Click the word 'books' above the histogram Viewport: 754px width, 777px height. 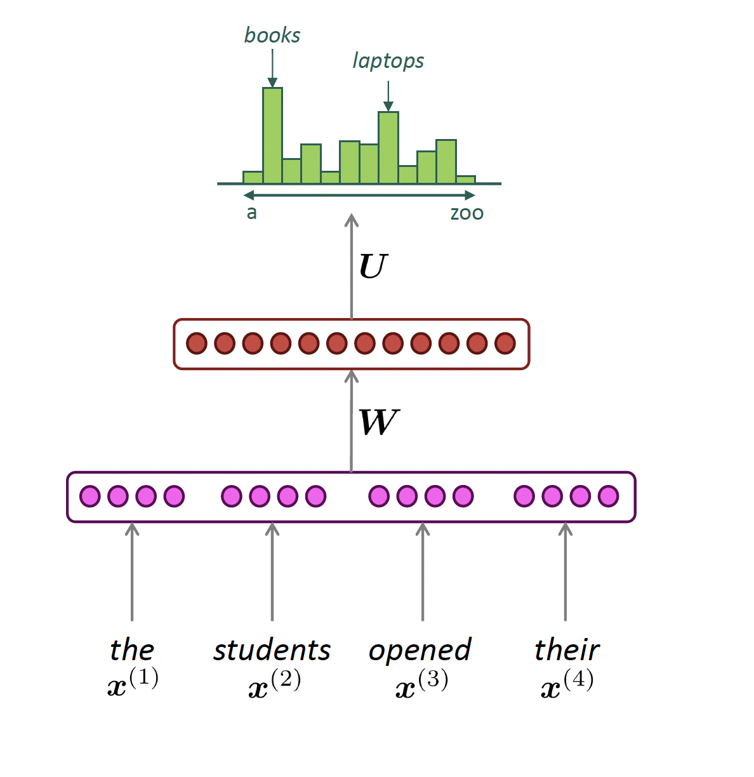click(272, 36)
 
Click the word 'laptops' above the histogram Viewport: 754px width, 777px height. click(388, 61)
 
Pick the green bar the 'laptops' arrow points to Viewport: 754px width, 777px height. click(388, 147)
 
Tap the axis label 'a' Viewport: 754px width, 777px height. click(252, 213)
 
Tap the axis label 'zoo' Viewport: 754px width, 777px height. click(466, 213)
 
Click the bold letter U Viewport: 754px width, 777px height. click(373, 267)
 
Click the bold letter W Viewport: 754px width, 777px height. click(379, 423)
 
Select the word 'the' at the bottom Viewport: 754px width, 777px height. click(132, 650)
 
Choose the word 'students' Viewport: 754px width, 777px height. click(272, 650)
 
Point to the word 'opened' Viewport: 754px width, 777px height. click(420, 651)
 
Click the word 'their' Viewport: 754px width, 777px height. click(567, 650)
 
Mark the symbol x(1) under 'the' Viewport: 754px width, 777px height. click(133, 683)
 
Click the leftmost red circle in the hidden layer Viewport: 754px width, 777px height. click(197, 343)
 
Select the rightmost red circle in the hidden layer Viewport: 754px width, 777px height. click(505, 343)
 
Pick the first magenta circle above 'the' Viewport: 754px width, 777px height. click(90, 496)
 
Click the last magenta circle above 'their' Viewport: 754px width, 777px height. click(609, 496)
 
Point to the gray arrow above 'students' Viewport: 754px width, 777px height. click(272, 571)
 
